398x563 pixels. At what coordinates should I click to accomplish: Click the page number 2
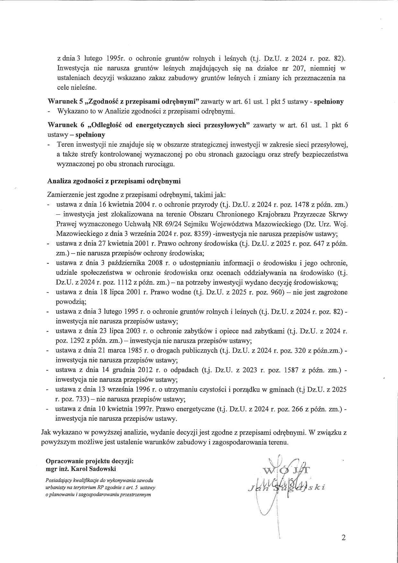344,538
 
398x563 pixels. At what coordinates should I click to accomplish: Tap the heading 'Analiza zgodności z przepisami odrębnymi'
114,181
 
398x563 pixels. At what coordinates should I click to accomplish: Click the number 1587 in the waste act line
291,370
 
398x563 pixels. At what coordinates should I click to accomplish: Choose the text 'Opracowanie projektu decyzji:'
90,461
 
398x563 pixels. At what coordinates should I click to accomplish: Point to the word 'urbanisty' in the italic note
58,488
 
